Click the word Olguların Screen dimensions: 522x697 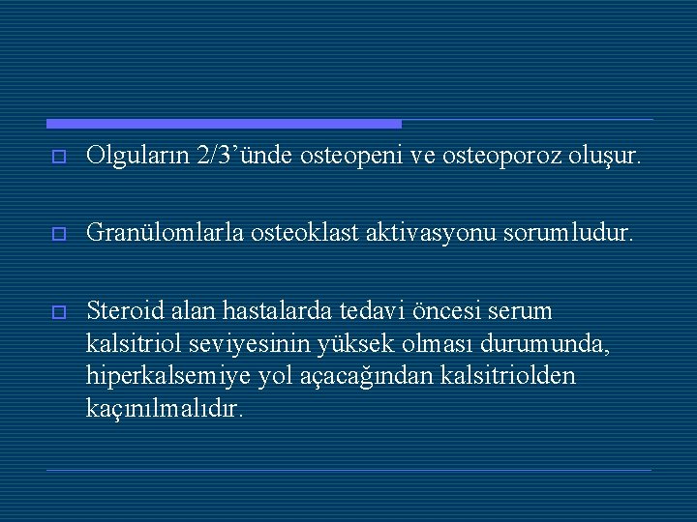click(x=136, y=155)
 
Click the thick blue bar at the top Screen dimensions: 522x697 click(x=224, y=124)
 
